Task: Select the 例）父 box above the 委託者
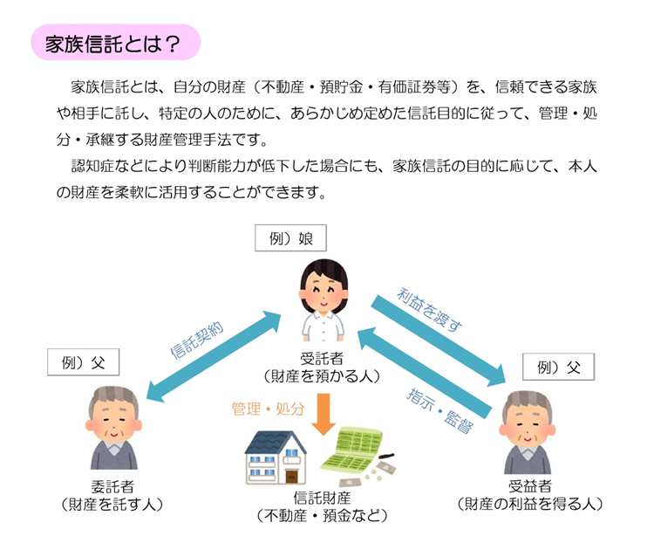click(84, 361)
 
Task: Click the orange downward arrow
click(324, 415)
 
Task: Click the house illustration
click(274, 457)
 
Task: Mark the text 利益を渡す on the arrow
click(431, 309)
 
